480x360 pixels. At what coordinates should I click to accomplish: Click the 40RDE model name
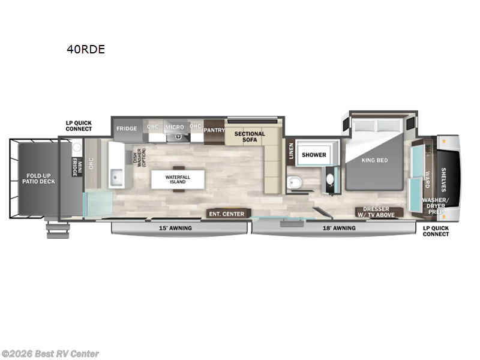click(x=86, y=50)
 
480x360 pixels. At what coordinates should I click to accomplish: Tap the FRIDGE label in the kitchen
click(x=127, y=128)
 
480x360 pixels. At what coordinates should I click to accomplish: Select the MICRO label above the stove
click(x=175, y=128)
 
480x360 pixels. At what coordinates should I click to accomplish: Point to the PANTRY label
click(x=214, y=130)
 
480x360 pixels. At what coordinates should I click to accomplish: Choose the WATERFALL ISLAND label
click(x=178, y=178)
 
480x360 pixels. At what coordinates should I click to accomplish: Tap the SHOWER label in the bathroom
click(x=314, y=155)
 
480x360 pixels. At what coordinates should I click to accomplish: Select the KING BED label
click(x=375, y=160)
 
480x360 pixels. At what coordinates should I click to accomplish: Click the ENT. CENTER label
click(x=226, y=214)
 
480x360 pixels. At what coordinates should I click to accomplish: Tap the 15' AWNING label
click(x=175, y=228)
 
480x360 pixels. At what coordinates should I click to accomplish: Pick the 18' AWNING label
click(x=338, y=228)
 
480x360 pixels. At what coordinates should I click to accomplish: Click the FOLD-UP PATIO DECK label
click(x=40, y=179)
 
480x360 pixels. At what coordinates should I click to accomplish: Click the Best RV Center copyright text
click(x=50, y=354)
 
